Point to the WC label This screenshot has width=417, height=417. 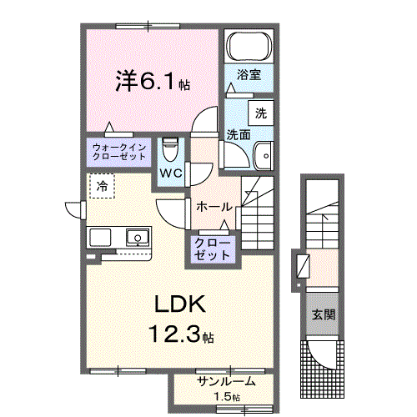point(172,173)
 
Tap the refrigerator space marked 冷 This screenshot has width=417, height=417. point(101,186)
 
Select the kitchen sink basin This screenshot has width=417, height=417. point(135,239)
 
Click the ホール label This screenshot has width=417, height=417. point(214,206)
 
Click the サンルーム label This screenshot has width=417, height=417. point(225,381)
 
